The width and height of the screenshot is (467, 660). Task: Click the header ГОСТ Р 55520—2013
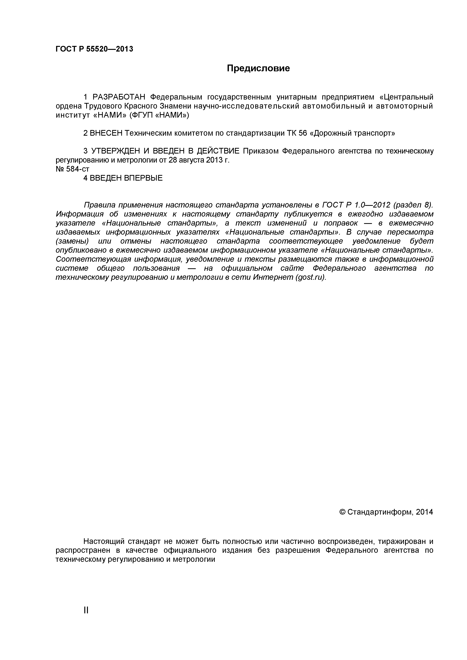pos(94,49)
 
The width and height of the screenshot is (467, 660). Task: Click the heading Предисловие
pos(258,68)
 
